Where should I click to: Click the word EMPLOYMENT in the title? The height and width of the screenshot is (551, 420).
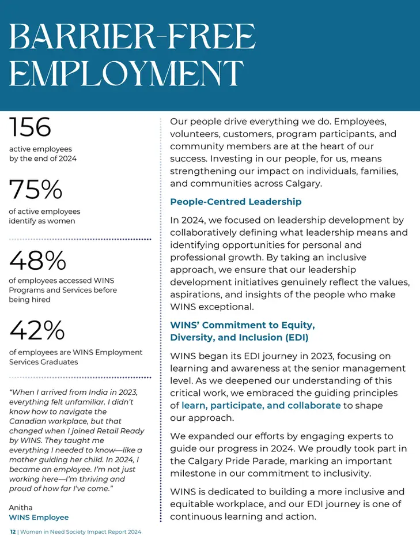pyautogui.click(x=126, y=73)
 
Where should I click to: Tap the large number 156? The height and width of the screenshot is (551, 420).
pyautogui.click(x=30, y=127)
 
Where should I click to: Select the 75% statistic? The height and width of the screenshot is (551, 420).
pyautogui.click(x=36, y=189)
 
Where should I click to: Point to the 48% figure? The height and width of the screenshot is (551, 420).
pyautogui.click(x=37, y=260)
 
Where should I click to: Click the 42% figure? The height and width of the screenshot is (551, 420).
pyautogui.click(x=37, y=330)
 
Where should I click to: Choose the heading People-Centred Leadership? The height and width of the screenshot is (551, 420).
pyautogui.click(x=236, y=202)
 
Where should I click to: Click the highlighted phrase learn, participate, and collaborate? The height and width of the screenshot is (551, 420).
pyautogui.click(x=261, y=406)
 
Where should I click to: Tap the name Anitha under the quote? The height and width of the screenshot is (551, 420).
pyautogui.click(x=21, y=507)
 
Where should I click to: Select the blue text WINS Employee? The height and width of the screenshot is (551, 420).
pyautogui.click(x=39, y=517)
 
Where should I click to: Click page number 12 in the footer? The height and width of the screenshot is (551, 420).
pyautogui.click(x=13, y=532)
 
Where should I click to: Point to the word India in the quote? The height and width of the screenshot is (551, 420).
pyautogui.click(x=98, y=392)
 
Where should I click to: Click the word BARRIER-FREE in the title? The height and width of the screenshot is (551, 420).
pyautogui.click(x=132, y=36)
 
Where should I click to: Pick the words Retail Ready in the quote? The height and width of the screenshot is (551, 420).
pyautogui.click(x=120, y=431)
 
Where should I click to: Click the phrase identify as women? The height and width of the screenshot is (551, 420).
pyautogui.click(x=42, y=221)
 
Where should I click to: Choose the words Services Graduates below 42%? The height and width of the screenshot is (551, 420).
pyautogui.click(x=44, y=362)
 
